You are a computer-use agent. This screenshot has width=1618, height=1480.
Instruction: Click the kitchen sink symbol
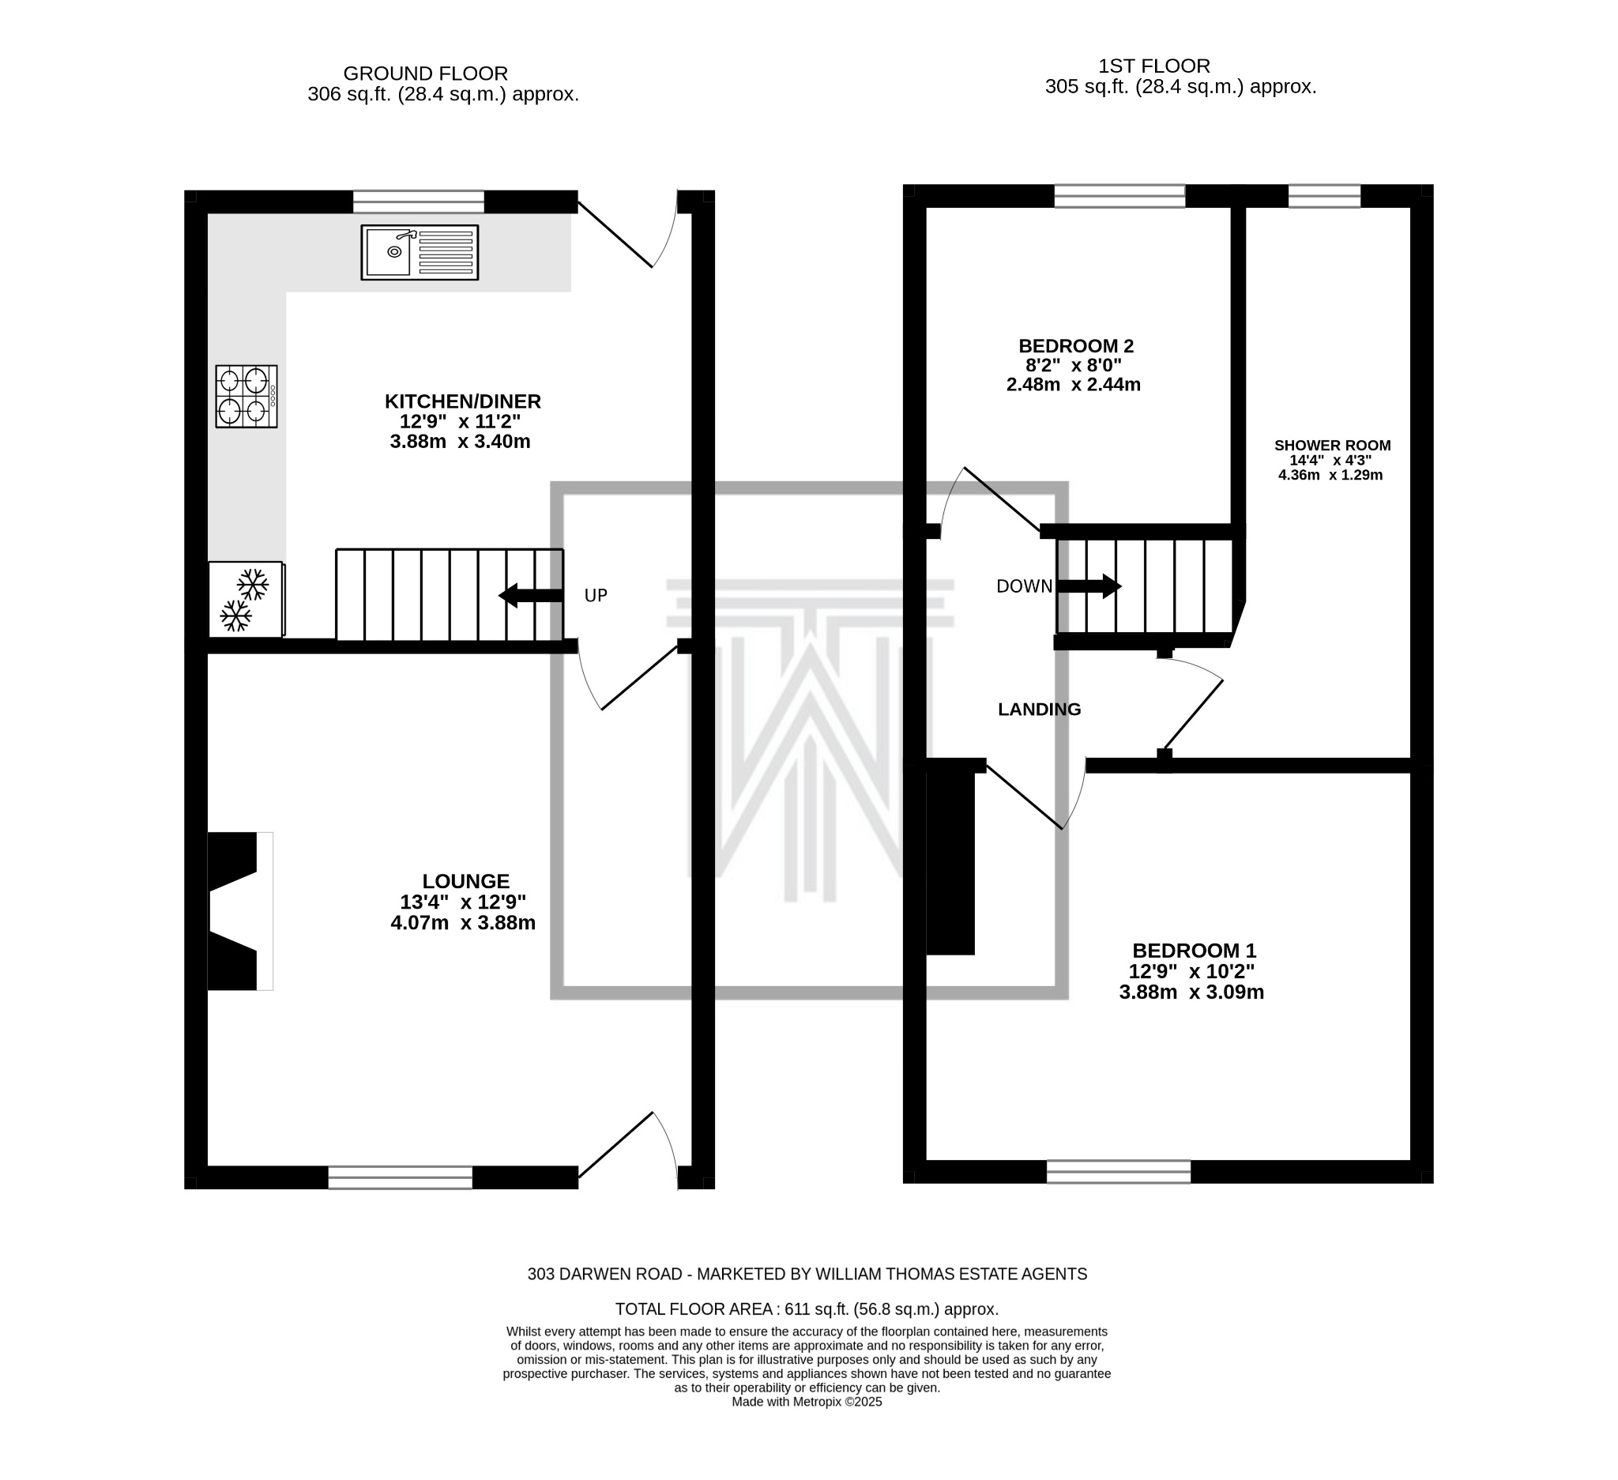(420, 252)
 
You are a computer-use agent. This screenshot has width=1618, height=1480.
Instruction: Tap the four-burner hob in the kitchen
(246, 397)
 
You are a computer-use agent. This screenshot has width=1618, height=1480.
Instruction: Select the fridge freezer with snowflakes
(246, 600)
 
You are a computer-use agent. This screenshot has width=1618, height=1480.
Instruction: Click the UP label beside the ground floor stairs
(596, 596)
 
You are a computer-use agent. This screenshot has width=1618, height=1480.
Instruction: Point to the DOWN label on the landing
(1024, 586)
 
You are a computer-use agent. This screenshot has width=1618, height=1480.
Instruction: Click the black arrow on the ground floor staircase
(530, 596)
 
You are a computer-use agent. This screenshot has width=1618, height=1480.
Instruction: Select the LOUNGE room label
(465, 881)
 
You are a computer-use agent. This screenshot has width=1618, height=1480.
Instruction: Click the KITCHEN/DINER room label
(462, 401)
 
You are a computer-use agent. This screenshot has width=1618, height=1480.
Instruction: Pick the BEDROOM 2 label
(1076, 346)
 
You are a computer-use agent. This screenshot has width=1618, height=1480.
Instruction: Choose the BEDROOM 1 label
(1194, 951)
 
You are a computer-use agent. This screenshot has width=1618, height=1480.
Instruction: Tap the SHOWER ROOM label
(1332, 446)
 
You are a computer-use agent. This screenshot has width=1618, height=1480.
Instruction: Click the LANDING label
(1040, 710)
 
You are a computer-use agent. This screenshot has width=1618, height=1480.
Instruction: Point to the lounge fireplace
(240, 911)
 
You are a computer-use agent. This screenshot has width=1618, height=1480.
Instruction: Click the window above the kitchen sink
(419, 201)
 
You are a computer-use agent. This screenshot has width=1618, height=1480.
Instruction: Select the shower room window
(1324, 196)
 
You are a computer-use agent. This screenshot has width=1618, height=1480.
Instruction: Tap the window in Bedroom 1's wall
(1119, 1172)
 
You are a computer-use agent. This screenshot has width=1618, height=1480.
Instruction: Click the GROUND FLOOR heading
(425, 73)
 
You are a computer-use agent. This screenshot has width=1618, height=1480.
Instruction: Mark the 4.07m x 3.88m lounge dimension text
(463, 923)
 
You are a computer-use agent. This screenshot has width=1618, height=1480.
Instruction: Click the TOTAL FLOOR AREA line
(807, 1309)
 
